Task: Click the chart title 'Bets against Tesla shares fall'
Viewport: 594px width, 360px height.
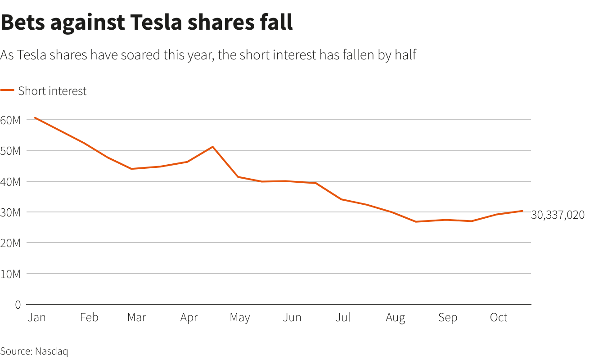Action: point(147,22)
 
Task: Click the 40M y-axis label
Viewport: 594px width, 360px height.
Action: point(10,181)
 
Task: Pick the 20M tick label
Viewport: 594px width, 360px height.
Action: point(10,243)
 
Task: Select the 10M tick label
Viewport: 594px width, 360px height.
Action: point(10,274)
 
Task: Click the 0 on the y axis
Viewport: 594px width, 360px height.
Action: point(18,305)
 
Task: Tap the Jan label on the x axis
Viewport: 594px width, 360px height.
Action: point(36,317)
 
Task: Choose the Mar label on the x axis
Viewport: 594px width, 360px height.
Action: point(136,317)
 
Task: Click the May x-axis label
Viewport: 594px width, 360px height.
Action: point(239,317)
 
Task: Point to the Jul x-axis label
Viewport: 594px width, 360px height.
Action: point(343,317)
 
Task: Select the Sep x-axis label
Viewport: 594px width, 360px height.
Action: point(447,317)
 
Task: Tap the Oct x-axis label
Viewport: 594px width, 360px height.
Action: point(499,317)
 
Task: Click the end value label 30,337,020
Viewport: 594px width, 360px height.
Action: point(558,215)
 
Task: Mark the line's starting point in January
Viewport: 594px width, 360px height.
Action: point(35,118)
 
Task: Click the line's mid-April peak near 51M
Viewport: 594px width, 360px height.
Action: point(213,147)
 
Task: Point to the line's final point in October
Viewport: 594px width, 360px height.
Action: point(522,211)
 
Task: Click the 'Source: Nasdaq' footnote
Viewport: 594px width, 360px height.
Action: point(34,351)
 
